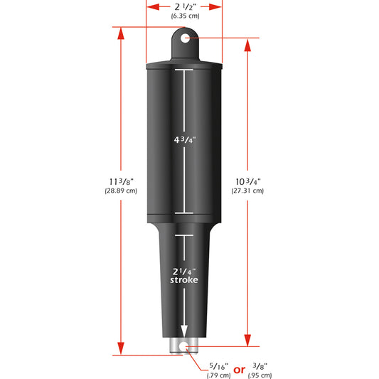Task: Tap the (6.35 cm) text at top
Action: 184,15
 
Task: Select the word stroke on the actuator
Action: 183,280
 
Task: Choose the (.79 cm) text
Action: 218,375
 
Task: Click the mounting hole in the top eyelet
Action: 185,38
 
